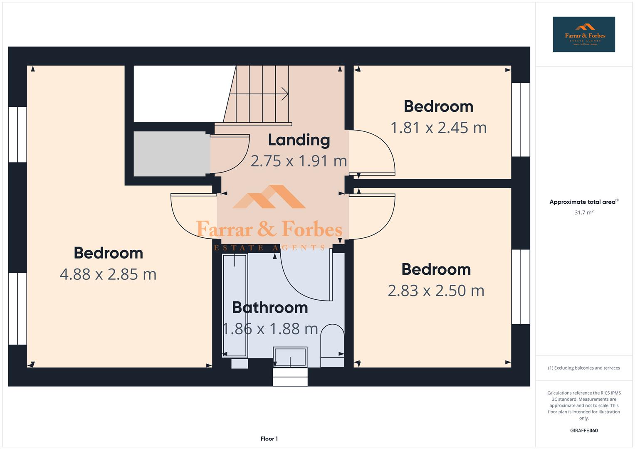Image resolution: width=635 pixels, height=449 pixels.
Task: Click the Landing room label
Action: coord(299,140)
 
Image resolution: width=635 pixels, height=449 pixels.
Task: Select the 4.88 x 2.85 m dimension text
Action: coord(108,274)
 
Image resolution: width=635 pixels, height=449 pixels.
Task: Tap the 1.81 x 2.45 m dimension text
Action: coord(438,128)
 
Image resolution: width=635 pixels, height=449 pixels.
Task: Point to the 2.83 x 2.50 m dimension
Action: coord(436,291)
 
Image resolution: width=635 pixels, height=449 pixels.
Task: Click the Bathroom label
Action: coord(270,308)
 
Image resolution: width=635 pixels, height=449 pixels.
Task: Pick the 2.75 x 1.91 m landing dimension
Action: coord(299,161)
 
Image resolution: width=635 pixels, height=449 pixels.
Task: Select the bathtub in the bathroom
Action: coord(235,306)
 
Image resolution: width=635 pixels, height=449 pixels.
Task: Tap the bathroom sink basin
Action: coord(290,357)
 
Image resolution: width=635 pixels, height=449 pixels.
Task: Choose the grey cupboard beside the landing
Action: coord(171,154)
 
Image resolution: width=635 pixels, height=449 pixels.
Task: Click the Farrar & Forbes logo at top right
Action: coord(583,35)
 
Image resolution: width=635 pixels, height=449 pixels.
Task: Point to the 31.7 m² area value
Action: coord(583,212)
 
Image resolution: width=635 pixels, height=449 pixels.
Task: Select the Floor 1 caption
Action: coord(269,439)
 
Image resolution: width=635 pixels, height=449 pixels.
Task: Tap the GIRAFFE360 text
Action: coord(583,431)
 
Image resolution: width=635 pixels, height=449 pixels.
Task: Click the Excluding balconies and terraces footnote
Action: coord(583,368)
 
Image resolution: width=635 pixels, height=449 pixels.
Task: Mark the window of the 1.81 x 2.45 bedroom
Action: coord(520,120)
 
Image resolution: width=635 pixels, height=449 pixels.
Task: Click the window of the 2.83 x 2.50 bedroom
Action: coord(520,286)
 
